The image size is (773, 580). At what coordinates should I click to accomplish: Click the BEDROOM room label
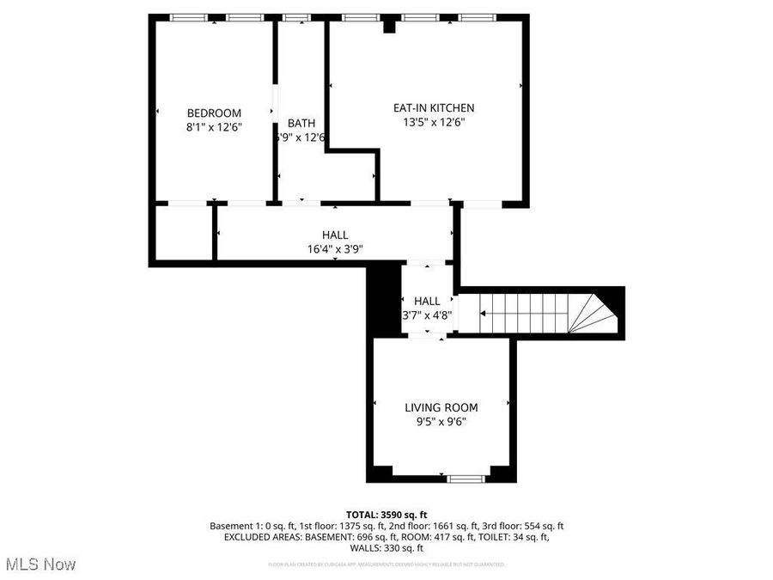214,113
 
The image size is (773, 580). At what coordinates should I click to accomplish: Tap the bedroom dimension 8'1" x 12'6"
214,127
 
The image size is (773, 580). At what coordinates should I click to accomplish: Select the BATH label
301,123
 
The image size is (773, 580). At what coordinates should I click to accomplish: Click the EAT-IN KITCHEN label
433,107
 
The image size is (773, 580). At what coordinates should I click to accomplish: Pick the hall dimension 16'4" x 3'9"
335,249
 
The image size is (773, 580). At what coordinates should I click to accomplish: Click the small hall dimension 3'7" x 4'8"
427,315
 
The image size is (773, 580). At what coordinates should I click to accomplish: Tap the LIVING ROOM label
441,407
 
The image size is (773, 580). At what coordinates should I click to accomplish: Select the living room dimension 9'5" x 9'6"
441,422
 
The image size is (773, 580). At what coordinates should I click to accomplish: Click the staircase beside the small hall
524,313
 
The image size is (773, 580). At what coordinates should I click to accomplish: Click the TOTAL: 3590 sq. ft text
386,513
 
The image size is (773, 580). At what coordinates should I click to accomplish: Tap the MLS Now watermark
40,565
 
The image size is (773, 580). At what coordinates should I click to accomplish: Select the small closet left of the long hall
183,232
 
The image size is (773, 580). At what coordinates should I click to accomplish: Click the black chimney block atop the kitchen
389,26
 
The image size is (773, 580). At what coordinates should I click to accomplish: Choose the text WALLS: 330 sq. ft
386,548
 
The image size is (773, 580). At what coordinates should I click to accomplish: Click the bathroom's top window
297,17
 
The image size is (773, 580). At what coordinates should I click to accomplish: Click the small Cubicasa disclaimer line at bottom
386,565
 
